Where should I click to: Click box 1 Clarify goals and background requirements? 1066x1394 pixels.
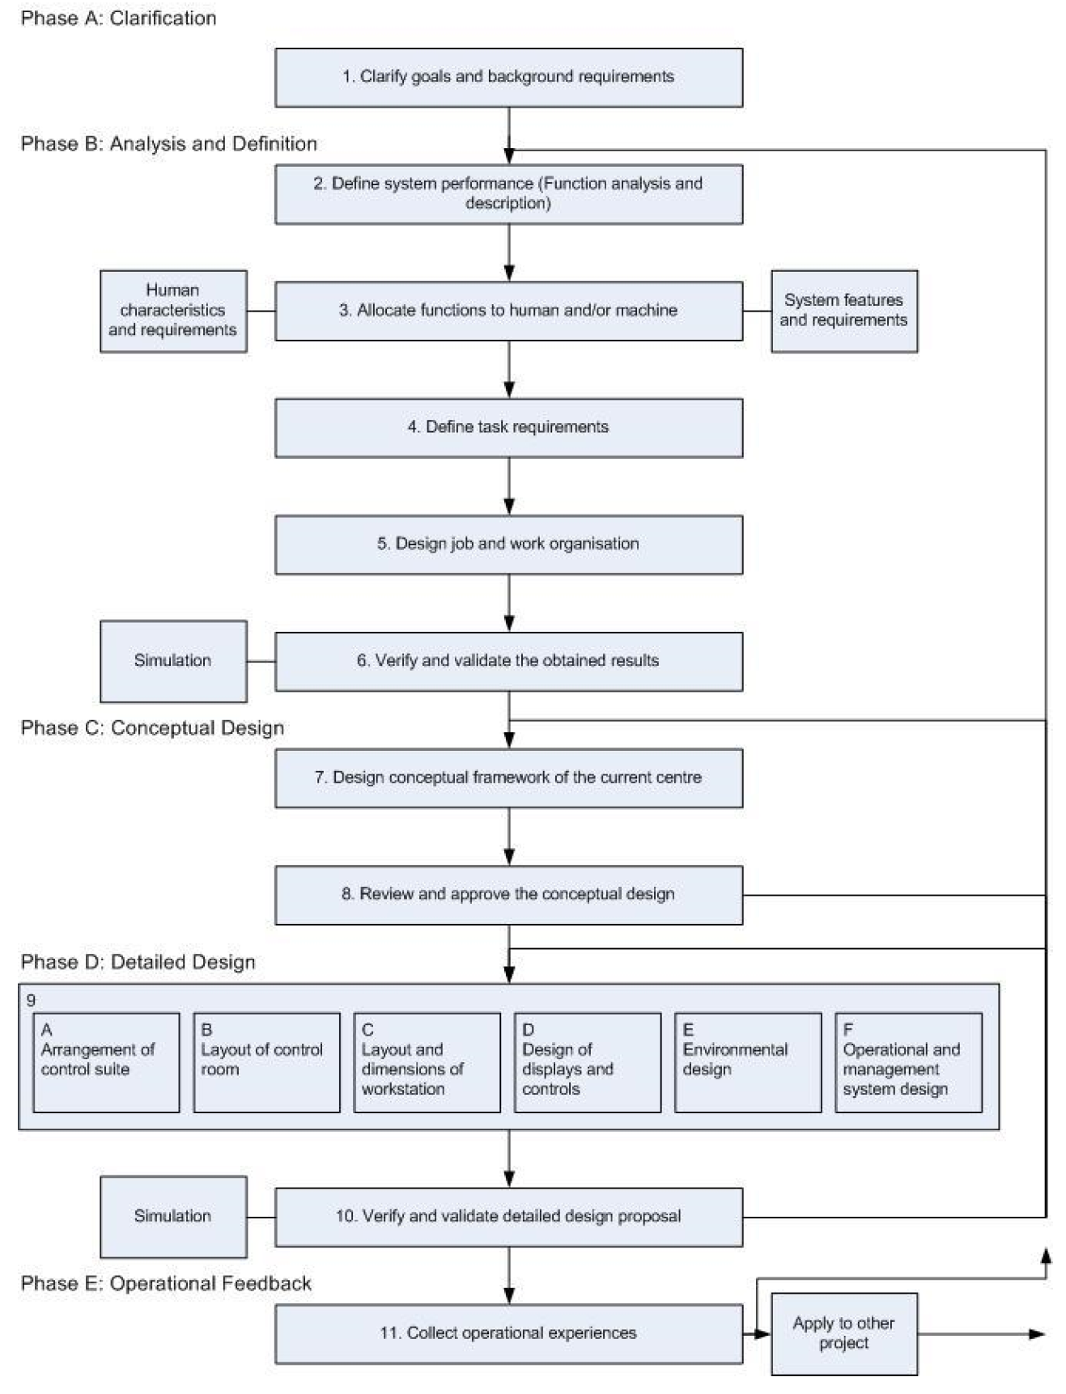[508, 78]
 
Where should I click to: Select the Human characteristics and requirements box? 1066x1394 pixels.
[173, 311]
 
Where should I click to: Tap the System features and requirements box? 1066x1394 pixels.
[843, 311]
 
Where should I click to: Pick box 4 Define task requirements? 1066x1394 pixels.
[508, 427]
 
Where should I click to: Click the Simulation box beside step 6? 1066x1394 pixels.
[173, 661]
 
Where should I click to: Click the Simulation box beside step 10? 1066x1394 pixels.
[173, 1216]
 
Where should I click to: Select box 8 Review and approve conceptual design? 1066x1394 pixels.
[508, 895]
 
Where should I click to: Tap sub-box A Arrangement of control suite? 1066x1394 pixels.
[106, 1062]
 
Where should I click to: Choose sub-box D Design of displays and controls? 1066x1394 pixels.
[587, 1062]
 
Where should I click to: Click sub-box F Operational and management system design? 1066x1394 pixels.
[908, 1062]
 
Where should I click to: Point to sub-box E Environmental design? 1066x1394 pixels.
[747, 1062]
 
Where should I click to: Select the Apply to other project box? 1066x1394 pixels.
[843, 1333]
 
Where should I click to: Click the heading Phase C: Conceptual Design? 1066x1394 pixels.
[152, 727]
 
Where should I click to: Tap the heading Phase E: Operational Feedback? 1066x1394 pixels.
[166, 1283]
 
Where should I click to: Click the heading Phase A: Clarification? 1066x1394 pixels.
[118, 18]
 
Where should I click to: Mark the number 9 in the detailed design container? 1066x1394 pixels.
[31, 1000]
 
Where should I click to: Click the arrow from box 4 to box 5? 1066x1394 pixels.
[509, 486]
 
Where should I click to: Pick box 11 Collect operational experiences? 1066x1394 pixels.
[508, 1333]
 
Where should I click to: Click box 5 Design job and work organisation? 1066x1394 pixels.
[508, 544]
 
